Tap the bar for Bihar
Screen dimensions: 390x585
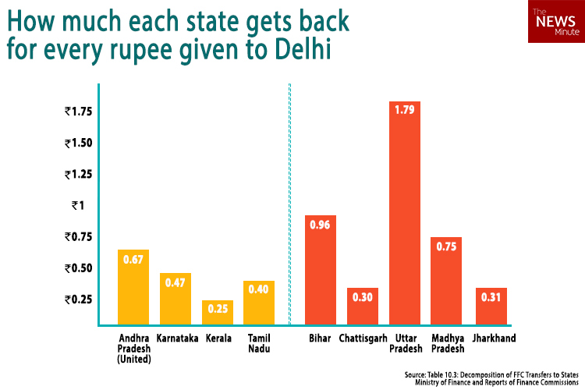(320, 269)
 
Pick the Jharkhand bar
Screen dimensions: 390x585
(491, 306)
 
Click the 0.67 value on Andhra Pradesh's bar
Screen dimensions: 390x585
(133, 260)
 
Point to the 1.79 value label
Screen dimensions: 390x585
(404, 112)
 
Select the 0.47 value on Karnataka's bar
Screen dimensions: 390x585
(175, 283)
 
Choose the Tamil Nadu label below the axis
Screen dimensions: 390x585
(259, 343)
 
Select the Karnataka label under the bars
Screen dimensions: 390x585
(175, 339)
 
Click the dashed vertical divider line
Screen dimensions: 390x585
(289, 203)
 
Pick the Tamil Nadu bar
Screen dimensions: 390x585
(259, 302)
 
